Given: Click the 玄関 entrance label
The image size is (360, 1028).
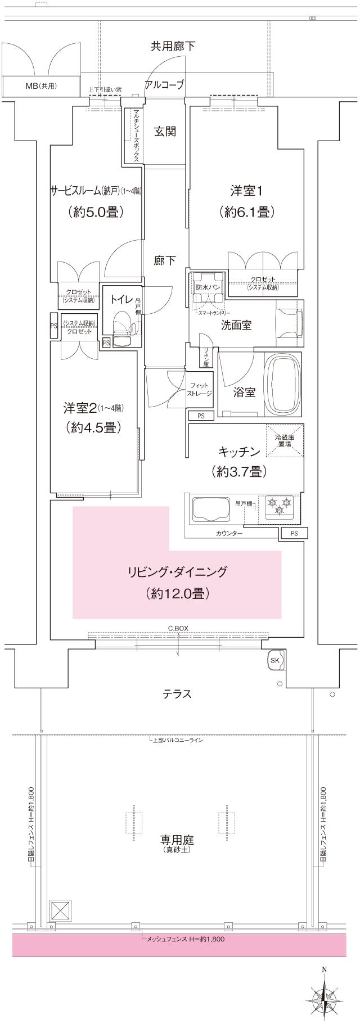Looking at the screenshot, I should pyautogui.click(x=165, y=132).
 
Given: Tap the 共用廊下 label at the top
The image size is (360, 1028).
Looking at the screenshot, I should pyautogui.click(x=173, y=46).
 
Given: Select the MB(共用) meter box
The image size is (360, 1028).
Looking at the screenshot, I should pyautogui.click(x=41, y=86).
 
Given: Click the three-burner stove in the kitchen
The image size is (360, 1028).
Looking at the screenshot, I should pyautogui.click(x=280, y=504).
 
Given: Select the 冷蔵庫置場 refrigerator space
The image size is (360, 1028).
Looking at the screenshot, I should pyautogui.click(x=284, y=440).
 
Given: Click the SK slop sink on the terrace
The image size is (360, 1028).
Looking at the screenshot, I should pyautogui.click(x=275, y=660).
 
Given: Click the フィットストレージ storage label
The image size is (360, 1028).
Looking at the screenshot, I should pyautogui.click(x=200, y=389).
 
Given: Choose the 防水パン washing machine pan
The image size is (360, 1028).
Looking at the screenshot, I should pyautogui.click(x=208, y=286).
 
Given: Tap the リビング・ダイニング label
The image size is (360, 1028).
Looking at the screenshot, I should pyautogui.click(x=177, y=572).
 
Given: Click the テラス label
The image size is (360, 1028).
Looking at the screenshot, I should pyautogui.click(x=177, y=694).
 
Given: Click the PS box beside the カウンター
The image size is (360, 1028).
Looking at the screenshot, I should pyautogui.click(x=295, y=533).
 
